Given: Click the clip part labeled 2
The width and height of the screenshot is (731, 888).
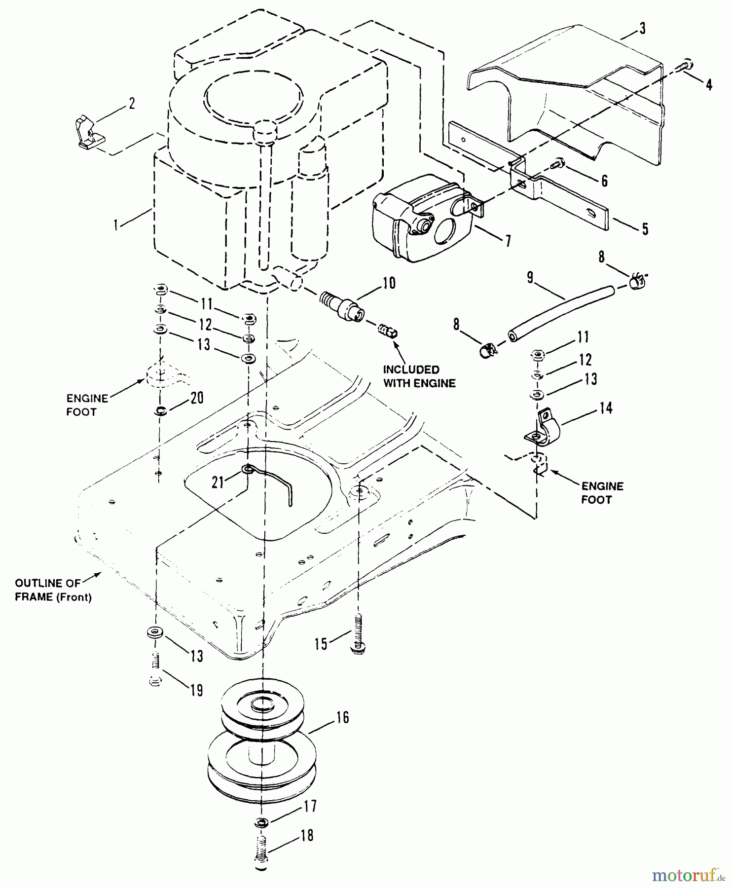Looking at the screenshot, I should click(87, 132).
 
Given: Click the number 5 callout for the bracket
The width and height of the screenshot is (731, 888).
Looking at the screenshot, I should click(645, 229).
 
